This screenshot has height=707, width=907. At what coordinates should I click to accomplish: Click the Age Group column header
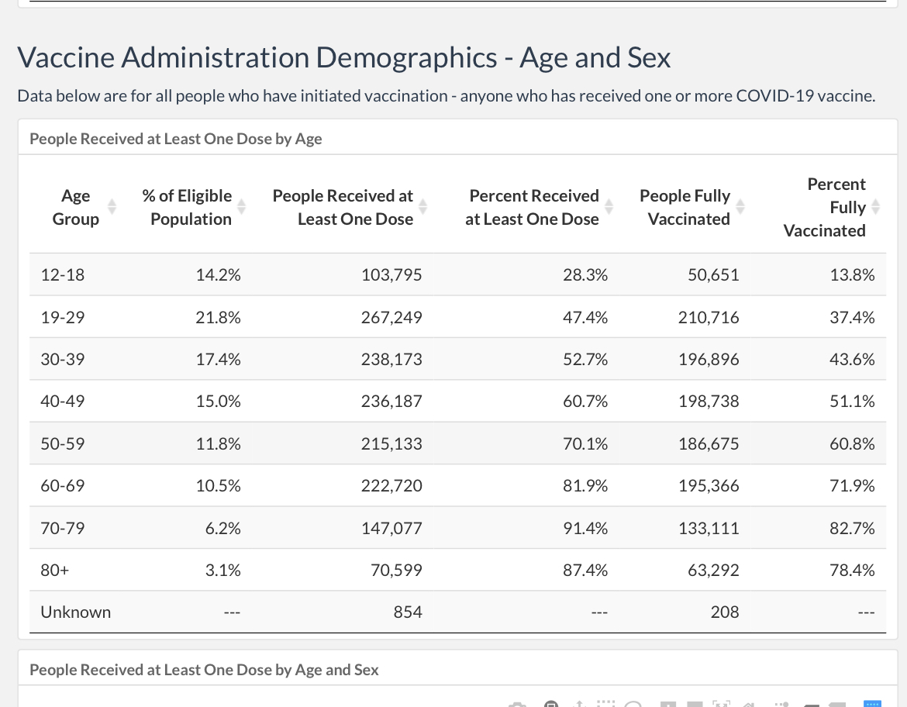point(76,207)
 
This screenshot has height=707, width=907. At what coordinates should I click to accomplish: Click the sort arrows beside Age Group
point(112,206)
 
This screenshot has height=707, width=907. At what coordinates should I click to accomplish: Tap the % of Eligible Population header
point(188,207)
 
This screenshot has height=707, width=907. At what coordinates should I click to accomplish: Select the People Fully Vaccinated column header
point(685,207)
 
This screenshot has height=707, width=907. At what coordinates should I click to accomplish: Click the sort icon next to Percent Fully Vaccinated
point(876,206)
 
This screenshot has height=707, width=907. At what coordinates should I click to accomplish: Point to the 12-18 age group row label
point(63,274)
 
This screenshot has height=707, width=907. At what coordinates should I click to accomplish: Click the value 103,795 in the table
point(391,274)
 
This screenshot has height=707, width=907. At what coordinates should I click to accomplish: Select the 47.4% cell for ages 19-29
point(585,317)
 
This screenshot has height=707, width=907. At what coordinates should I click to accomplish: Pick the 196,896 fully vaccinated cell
point(709,359)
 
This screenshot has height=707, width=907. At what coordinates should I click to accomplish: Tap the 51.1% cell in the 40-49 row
point(852,401)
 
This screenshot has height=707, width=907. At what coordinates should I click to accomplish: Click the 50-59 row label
point(63,443)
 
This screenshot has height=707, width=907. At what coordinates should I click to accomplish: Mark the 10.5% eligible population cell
point(218,485)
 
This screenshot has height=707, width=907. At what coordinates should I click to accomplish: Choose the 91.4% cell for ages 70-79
point(585,528)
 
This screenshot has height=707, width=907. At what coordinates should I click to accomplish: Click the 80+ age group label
point(55,571)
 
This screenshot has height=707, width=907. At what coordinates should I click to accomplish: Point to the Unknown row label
point(76,612)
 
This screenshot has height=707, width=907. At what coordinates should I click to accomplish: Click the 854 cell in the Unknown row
point(408,612)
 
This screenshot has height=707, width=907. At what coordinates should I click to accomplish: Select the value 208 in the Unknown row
point(725,612)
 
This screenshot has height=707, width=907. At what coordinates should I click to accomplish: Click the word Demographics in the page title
point(407,58)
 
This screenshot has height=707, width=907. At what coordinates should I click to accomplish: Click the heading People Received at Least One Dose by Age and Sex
point(204,669)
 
